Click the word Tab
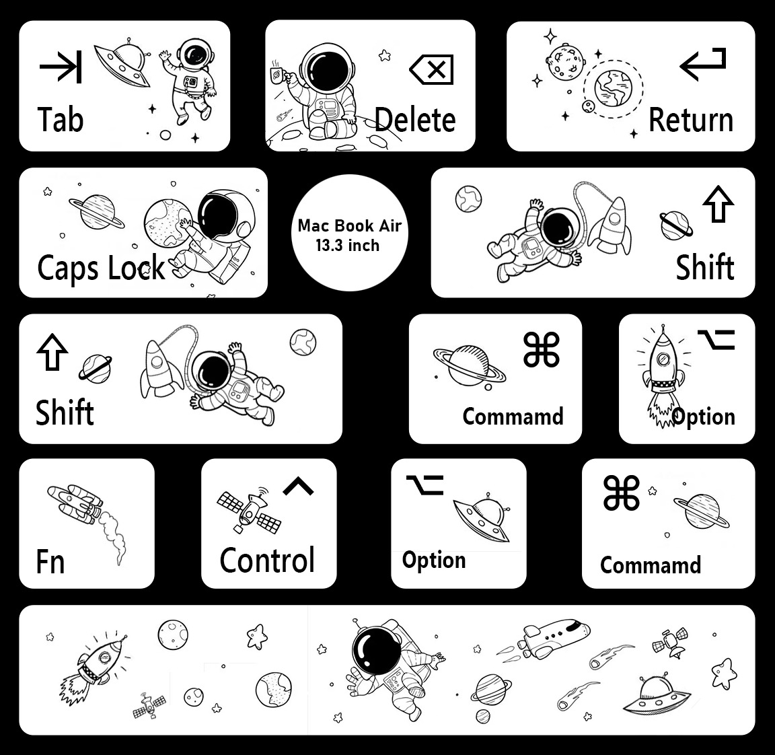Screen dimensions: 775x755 coord(61,120)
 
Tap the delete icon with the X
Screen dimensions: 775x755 coord(432,69)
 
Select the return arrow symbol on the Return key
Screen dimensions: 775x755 coord(703,63)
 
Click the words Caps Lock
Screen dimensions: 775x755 coord(101,267)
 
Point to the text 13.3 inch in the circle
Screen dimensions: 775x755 coord(348,246)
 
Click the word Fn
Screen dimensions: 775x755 coord(50,561)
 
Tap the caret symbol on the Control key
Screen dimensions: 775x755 coord(298,486)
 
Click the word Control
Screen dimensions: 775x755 coord(267,561)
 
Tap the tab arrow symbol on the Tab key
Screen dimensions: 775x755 coord(61,67)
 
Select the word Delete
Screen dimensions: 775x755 coord(415,120)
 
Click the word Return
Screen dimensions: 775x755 coord(690,120)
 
